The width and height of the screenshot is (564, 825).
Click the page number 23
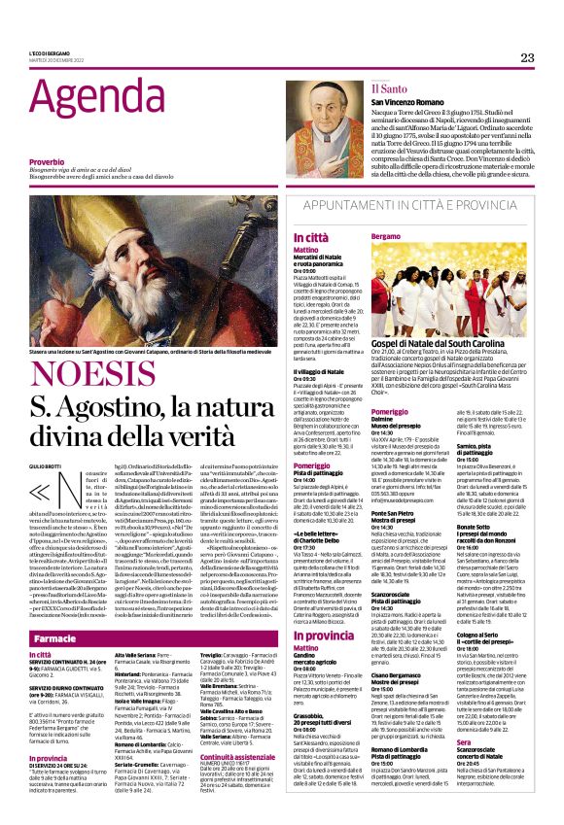pos(527,58)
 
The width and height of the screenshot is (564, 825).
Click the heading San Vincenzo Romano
pos(398,102)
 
